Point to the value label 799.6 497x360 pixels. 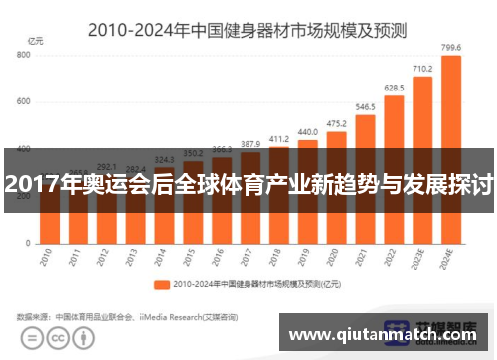(x=450, y=46)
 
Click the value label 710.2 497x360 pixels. (x=421, y=69)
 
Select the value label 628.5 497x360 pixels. (x=394, y=89)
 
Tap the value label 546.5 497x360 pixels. (x=365, y=106)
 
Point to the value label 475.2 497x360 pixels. (x=336, y=123)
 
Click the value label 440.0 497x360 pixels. (x=307, y=131)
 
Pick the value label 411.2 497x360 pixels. (x=279, y=138)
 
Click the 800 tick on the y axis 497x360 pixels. (x=23, y=55)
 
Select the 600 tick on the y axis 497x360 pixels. (x=23, y=102)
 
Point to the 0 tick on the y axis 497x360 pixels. (x=29, y=243)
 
